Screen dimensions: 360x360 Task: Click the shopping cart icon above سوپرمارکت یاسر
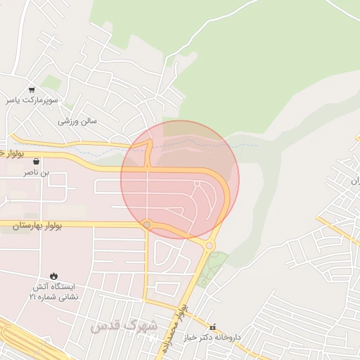32,90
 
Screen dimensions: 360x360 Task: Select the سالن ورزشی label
77,121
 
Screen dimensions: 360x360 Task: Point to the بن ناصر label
37,172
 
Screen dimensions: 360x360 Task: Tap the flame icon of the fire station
54,275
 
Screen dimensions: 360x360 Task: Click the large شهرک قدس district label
123,326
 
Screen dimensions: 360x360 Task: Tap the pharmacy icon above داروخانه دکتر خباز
214,326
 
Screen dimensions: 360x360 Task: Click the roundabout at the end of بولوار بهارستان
147,225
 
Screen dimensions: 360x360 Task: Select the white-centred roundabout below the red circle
210,245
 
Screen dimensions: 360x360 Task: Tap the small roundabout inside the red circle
198,184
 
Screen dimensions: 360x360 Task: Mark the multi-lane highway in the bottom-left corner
21,341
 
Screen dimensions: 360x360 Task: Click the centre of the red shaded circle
180,180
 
